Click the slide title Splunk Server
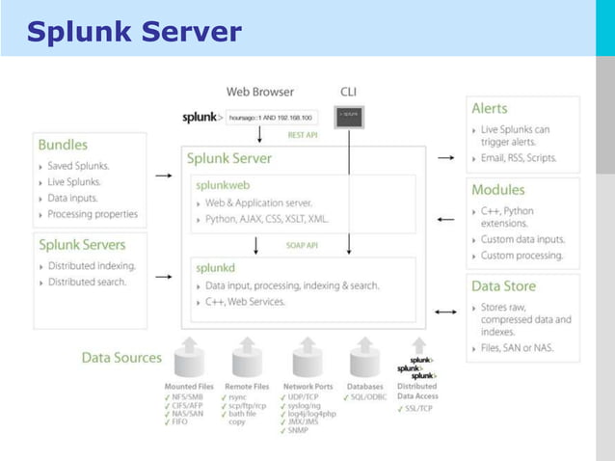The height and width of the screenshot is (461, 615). point(134,32)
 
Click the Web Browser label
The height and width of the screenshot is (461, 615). point(260,93)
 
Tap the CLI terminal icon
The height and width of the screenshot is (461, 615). point(348,116)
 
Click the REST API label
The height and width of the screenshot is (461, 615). point(302,135)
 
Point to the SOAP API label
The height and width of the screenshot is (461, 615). point(302,245)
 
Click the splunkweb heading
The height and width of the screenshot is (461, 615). point(225,184)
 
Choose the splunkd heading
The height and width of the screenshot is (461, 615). point(216,267)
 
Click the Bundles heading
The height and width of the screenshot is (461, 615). point(63,145)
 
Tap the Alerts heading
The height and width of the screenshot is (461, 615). point(490,108)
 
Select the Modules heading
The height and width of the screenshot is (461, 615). point(498,190)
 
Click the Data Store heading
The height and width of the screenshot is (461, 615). point(503,286)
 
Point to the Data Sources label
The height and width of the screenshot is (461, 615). point(121,357)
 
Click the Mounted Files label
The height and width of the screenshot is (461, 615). point(188,386)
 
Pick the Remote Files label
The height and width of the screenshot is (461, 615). point(247,386)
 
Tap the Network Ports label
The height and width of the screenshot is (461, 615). point(307,386)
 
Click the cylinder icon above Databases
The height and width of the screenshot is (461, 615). point(365,358)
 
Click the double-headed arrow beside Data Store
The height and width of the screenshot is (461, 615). point(445,312)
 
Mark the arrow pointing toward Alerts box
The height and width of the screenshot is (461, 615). point(445,155)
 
